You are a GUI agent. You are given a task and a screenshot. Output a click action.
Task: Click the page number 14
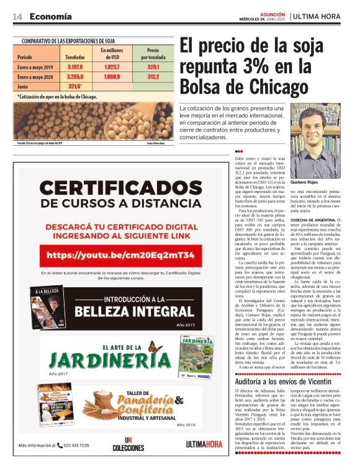(17, 17)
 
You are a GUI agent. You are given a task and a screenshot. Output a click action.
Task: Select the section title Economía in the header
(50, 17)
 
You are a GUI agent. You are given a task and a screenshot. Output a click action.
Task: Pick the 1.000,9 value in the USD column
(112, 76)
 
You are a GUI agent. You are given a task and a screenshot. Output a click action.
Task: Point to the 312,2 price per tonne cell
(153, 76)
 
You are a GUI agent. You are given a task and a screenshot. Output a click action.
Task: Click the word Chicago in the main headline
(266, 86)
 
